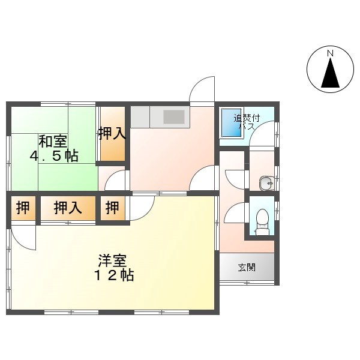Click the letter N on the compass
[330, 54]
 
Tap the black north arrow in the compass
[330, 73]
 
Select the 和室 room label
[53, 141]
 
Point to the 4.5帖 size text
[54, 156]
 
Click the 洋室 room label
[113, 260]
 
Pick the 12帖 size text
[114, 275]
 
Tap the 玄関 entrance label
[247, 268]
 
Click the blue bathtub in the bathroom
[232, 123]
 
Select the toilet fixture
[262, 222]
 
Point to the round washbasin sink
[266, 184]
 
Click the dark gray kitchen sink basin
[174, 117]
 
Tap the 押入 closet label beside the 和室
[113, 134]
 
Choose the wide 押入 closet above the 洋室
[68, 208]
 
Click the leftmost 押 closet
[23, 208]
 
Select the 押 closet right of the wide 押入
[113, 208]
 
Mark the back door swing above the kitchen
[202, 89]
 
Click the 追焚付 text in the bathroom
[247, 119]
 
